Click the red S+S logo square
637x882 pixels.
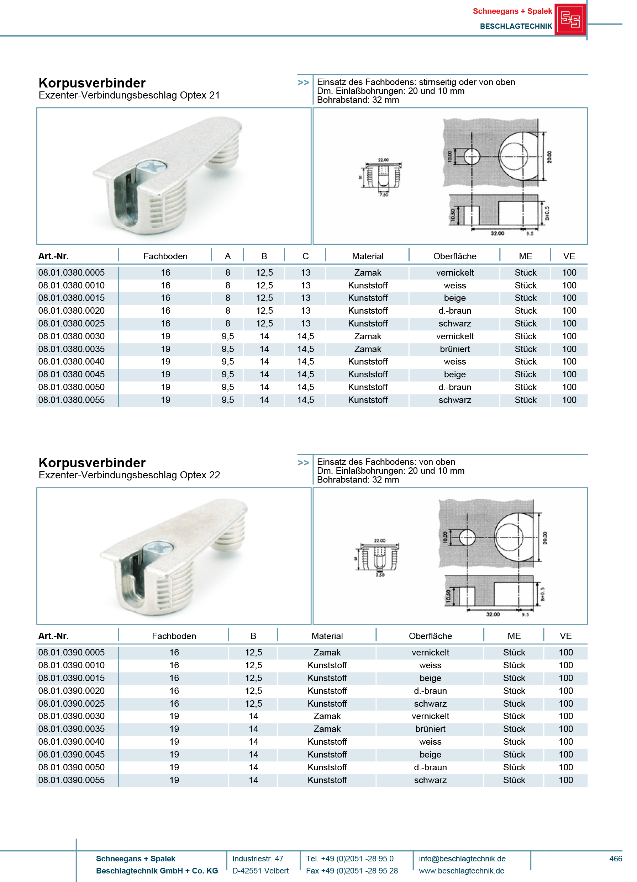[570, 19]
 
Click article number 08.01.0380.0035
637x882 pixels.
[71, 349]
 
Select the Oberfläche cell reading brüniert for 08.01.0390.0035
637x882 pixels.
[430, 729]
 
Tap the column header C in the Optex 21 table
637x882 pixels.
[305, 256]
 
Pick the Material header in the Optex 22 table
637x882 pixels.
[327, 636]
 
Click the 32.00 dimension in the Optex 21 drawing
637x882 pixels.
[497, 233]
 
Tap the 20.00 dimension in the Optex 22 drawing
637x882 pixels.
[544, 538]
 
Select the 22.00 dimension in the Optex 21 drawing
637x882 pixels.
[383, 160]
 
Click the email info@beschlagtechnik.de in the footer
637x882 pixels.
[462, 858]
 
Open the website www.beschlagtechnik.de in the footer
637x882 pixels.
[461, 870]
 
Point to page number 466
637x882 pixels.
[615, 858]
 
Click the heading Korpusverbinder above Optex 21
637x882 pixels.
[92, 83]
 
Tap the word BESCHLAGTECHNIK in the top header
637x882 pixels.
[516, 26]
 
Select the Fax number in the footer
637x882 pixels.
[351, 870]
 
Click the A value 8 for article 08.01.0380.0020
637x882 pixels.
[228, 311]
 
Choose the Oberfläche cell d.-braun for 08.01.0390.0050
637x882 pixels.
[430, 767]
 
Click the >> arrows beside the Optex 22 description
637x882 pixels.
[303, 462]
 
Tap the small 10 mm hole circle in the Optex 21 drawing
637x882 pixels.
[472, 157]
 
